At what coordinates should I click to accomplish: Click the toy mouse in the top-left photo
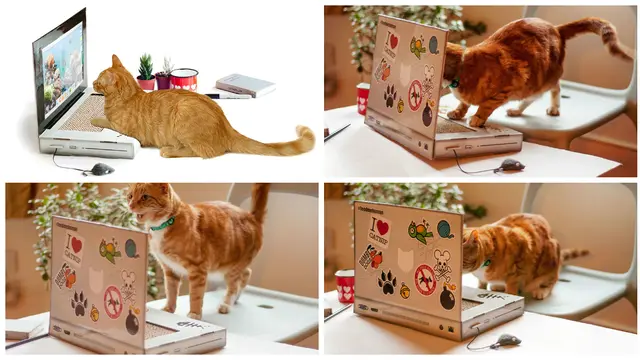[100, 169]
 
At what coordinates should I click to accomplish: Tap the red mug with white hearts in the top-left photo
[184, 79]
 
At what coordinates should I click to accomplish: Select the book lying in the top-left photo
[244, 85]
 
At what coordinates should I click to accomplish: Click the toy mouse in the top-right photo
[509, 164]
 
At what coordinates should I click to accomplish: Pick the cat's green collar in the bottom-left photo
[163, 224]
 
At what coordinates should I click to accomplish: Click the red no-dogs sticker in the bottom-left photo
[113, 296]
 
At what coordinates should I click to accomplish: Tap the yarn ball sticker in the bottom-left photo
[131, 248]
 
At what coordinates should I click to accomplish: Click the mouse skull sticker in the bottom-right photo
[441, 260]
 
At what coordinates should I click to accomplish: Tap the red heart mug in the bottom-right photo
[345, 286]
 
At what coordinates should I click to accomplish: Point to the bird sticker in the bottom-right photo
[419, 232]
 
